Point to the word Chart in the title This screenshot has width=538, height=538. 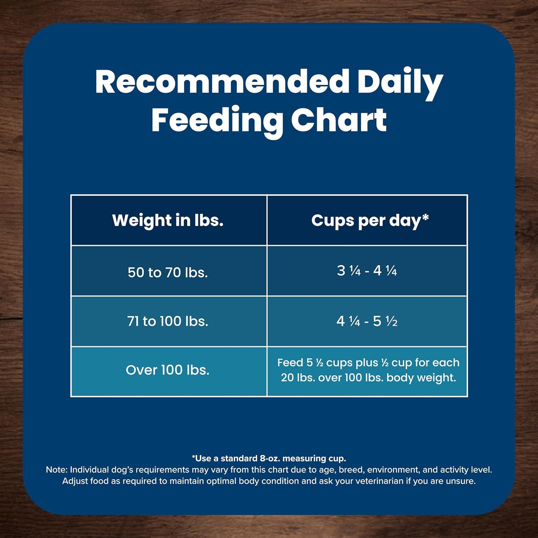tap(338, 120)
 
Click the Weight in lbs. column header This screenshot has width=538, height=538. tap(168, 220)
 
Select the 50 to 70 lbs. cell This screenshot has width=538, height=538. tap(168, 272)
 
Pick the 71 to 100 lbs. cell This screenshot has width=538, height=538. tap(168, 321)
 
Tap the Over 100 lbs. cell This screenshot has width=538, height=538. tap(168, 370)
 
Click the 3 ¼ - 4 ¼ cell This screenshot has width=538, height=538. tap(367, 271)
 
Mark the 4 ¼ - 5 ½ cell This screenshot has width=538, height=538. tap(367, 321)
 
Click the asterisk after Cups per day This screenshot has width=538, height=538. tap(425, 217)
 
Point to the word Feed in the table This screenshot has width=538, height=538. tap(290, 363)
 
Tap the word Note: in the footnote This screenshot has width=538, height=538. tap(57, 470)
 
